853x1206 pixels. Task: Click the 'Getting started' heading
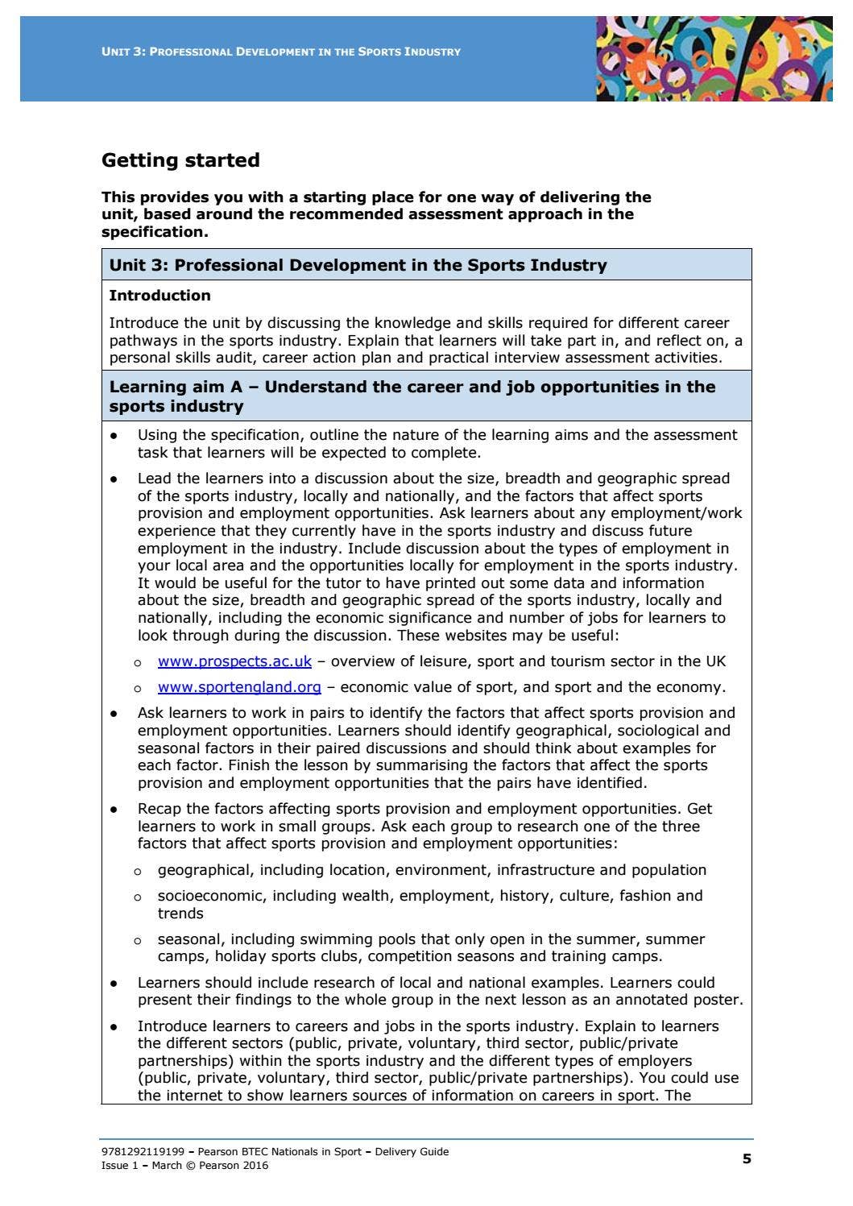[180, 160]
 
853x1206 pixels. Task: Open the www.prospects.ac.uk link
[234, 661]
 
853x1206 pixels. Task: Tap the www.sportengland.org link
[239, 687]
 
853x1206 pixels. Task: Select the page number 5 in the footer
[746, 1158]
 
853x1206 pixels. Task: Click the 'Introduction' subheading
[159, 296]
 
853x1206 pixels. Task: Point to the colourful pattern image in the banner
[714, 59]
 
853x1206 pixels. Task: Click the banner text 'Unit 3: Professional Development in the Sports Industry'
[281, 52]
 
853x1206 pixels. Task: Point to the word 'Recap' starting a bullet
[160, 809]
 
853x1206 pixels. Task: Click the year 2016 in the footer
[255, 1166]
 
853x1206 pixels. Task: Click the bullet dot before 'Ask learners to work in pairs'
[114, 714]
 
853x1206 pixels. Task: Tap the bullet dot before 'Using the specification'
[114, 436]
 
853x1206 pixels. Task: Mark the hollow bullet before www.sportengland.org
[138, 689]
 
